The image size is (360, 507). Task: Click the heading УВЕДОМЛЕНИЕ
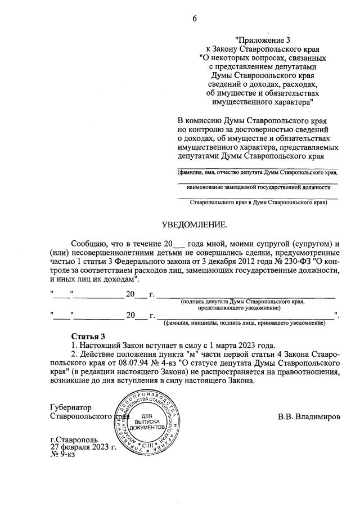click(195, 225)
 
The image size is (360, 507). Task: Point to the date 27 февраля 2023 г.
click(83, 447)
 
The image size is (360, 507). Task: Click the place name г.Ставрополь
click(73, 440)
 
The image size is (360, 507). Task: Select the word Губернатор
click(70, 408)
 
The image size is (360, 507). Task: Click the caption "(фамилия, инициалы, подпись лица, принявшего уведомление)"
click(244, 323)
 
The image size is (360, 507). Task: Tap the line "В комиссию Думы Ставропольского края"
click(253, 120)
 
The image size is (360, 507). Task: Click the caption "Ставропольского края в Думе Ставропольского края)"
click(258, 201)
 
